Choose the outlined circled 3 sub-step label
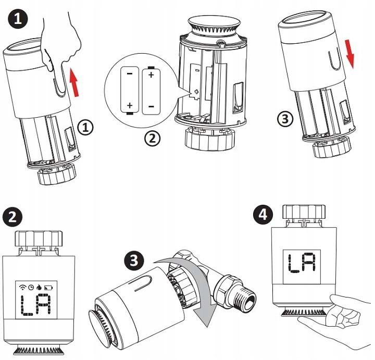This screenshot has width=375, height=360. [284, 118]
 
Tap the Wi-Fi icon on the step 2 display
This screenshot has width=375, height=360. [22, 287]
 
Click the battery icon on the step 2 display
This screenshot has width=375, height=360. [49, 287]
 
